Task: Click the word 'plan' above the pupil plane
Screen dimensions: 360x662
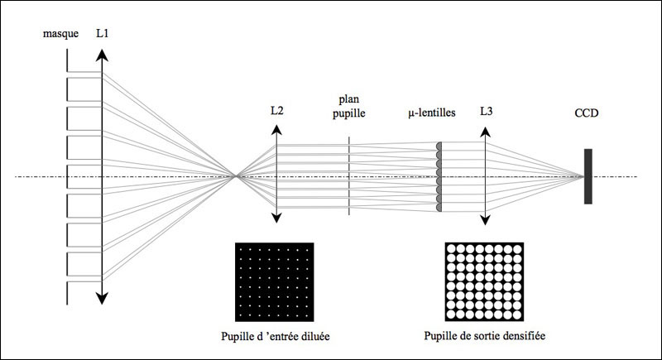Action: [348, 98]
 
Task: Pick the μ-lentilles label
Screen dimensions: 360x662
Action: [432, 111]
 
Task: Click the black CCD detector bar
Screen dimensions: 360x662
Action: [588, 175]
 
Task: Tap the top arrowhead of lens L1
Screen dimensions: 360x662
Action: [102, 55]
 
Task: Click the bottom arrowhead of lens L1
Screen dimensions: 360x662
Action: [102, 299]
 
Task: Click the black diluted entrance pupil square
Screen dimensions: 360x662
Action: [276, 281]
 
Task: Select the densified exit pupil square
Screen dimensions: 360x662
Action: [483, 281]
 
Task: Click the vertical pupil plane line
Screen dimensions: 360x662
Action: [348, 175]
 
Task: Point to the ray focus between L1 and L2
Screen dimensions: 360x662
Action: [237, 175]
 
